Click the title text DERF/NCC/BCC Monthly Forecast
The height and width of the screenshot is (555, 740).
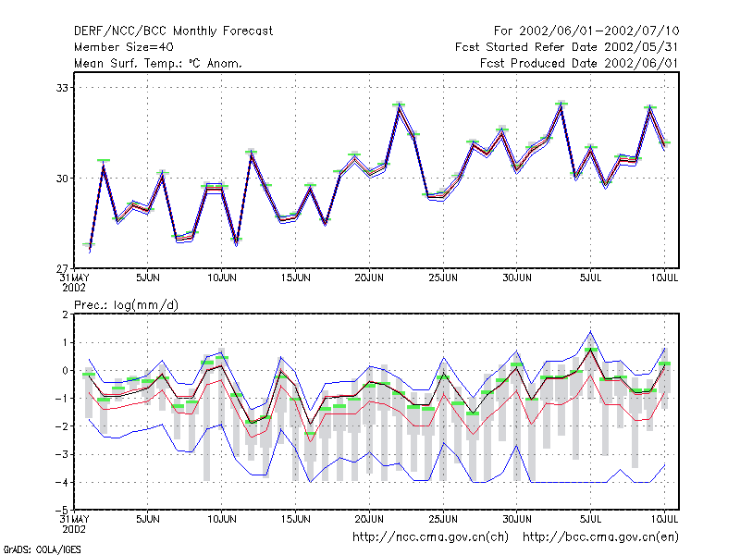pyautogui.click(x=173, y=31)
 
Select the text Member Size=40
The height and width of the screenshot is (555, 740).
pyautogui.click(x=124, y=47)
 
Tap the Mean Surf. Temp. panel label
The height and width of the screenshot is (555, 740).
pyautogui.click(x=158, y=63)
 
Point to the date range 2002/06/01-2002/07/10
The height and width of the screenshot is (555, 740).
pyautogui.click(x=598, y=31)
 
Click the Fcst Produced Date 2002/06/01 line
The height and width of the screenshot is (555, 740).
pyautogui.click(x=579, y=63)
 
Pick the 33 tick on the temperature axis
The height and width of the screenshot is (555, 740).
pyautogui.click(x=62, y=88)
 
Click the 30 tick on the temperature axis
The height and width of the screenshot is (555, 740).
pyautogui.click(x=62, y=179)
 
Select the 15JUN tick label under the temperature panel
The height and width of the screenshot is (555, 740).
pyautogui.click(x=295, y=277)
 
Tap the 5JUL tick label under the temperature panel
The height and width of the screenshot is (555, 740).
pyautogui.click(x=590, y=277)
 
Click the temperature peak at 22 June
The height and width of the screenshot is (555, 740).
pyautogui.click(x=399, y=106)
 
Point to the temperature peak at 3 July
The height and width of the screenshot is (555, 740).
pyautogui.click(x=561, y=105)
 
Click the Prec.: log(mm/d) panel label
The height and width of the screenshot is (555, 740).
pyautogui.click(x=126, y=305)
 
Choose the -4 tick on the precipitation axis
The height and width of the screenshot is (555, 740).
pyautogui.click(x=62, y=482)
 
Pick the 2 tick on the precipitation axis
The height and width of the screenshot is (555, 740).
pyautogui.click(x=65, y=314)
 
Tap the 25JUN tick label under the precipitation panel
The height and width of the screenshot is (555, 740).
pyautogui.click(x=443, y=519)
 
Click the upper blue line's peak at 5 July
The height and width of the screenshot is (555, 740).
pyautogui.click(x=590, y=332)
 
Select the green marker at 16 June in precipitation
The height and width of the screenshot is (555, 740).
pyautogui.click(x=310, y=433)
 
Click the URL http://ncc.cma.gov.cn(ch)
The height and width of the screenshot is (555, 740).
pyautogui.click(x=430, y=537)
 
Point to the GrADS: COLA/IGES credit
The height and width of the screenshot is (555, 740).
pyautogui.click(x=42, y=549)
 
